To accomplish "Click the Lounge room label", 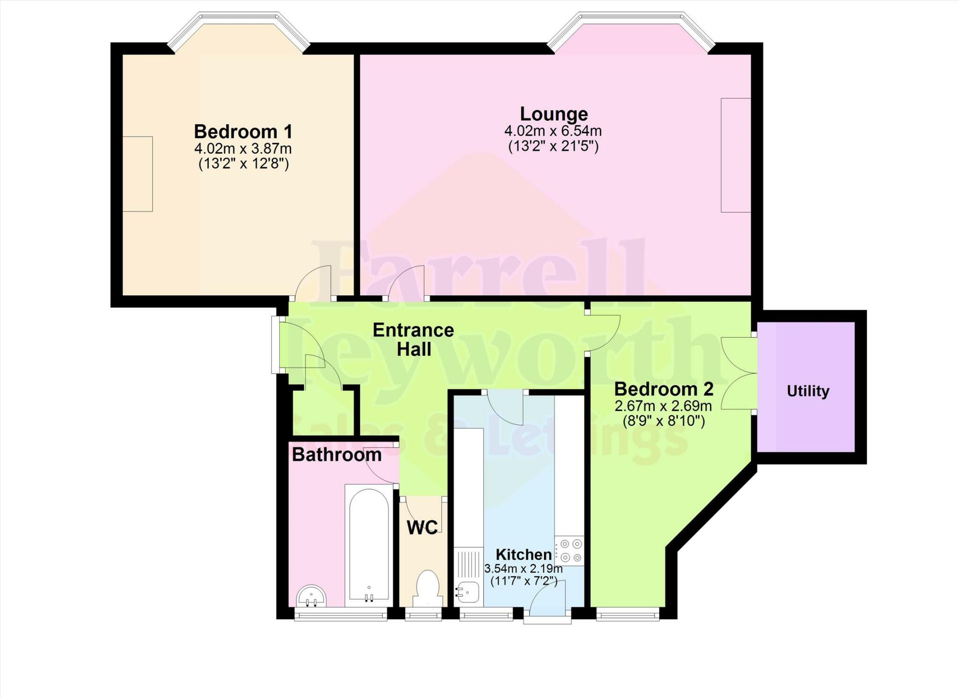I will coord(553,114).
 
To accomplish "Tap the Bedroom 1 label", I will coord(243,132).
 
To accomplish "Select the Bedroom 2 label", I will coord(664,389).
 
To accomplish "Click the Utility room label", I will coord(808,391).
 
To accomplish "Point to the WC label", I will coord(422,528).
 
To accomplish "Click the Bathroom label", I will coord(337,455).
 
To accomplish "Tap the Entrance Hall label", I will coord(413,340).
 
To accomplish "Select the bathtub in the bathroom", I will coord(369,546).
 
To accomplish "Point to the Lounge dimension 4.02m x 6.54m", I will coord(553,131).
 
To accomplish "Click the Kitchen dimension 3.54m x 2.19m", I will coord(523,569).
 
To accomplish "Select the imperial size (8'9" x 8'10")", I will coord(664,421).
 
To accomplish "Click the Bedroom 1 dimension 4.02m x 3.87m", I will coord(243,149).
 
